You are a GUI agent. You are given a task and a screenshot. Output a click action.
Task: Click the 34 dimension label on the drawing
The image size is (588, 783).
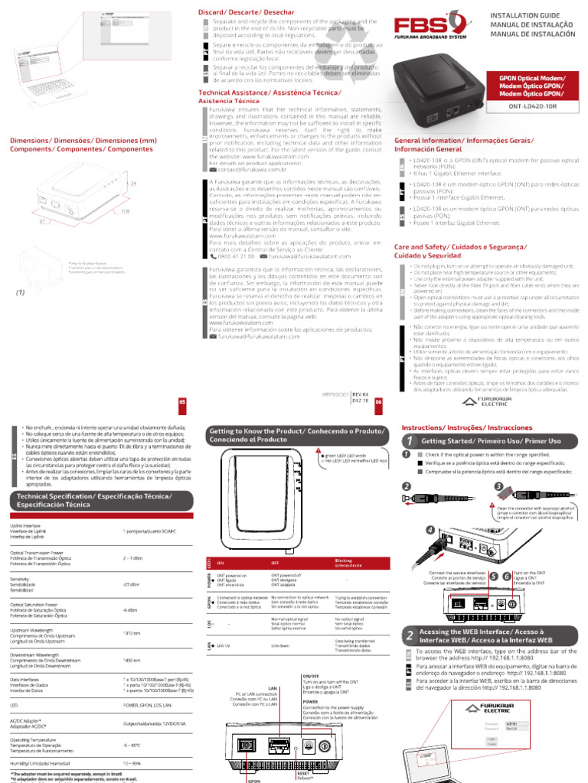pyautogui.click(x=132, y=184)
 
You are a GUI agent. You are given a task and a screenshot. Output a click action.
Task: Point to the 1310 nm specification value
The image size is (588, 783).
pyautogui.click(x=131, y=633)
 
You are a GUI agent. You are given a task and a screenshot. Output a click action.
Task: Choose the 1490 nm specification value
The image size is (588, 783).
pyautogui.click(x=131, y=660)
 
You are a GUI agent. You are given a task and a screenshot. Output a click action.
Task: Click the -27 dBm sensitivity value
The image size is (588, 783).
pyautogui.click(x=131, y=585)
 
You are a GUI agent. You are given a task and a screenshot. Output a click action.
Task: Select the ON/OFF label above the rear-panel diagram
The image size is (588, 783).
pyautogui.click(x=312, y=676)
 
